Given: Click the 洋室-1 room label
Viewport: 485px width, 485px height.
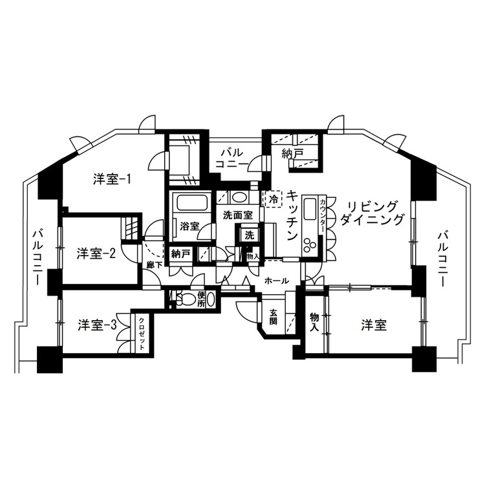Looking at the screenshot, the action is coord(112,179).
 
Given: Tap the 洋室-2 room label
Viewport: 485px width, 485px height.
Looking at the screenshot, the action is coord(96,254).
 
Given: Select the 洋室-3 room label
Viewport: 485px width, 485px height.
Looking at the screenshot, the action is coord(97,325).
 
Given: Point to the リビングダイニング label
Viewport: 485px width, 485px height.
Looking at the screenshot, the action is coord(371,214).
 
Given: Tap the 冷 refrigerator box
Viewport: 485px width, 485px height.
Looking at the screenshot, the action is coord(273,199).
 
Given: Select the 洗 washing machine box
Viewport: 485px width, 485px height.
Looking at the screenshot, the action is coord(250,235).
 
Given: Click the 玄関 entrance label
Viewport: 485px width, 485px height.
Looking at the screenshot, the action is coord(273,317).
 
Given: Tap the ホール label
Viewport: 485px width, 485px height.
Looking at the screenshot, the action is coord(277,281).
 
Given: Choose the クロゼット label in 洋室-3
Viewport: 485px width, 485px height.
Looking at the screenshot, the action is coord(142,334).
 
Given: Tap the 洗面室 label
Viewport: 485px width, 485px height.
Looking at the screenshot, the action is coord(238,215).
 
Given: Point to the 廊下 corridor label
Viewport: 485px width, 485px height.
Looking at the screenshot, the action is coord(155,264).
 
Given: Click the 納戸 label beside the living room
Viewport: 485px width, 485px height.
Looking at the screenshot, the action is coord(292,154).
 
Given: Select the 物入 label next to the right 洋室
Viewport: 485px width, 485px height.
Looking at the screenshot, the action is coord(314,321).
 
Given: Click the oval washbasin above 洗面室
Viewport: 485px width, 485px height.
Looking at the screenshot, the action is coord(239,197).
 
